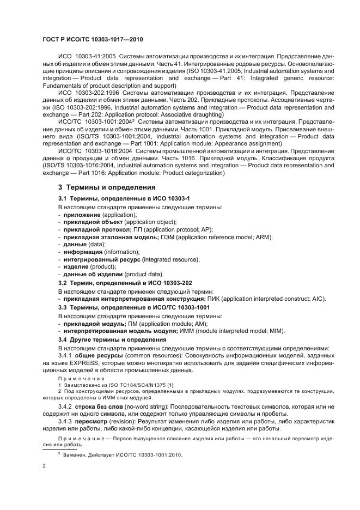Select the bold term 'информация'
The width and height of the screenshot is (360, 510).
click(82, 252)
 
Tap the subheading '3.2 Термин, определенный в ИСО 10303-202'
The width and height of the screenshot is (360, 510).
click(125, 282)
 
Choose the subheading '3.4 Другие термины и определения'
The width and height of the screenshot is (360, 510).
click(112, 339)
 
